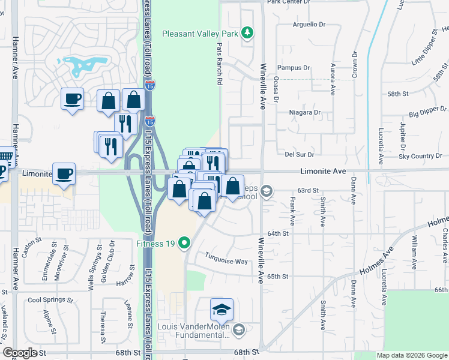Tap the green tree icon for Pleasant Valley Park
pos(246,32)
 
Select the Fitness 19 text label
pos(157,243)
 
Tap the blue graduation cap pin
pos(221,310)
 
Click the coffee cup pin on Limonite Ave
pos(64,174)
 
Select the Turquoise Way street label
pos(224,261)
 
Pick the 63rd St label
pos(307,190)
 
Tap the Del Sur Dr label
pos(296,154)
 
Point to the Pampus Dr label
pos(294,68)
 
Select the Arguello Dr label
pos(309,25)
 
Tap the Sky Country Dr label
pos(420,156)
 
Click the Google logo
pos(20,353)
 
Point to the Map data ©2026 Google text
pos(412,355)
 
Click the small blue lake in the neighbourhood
pos(84,64)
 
